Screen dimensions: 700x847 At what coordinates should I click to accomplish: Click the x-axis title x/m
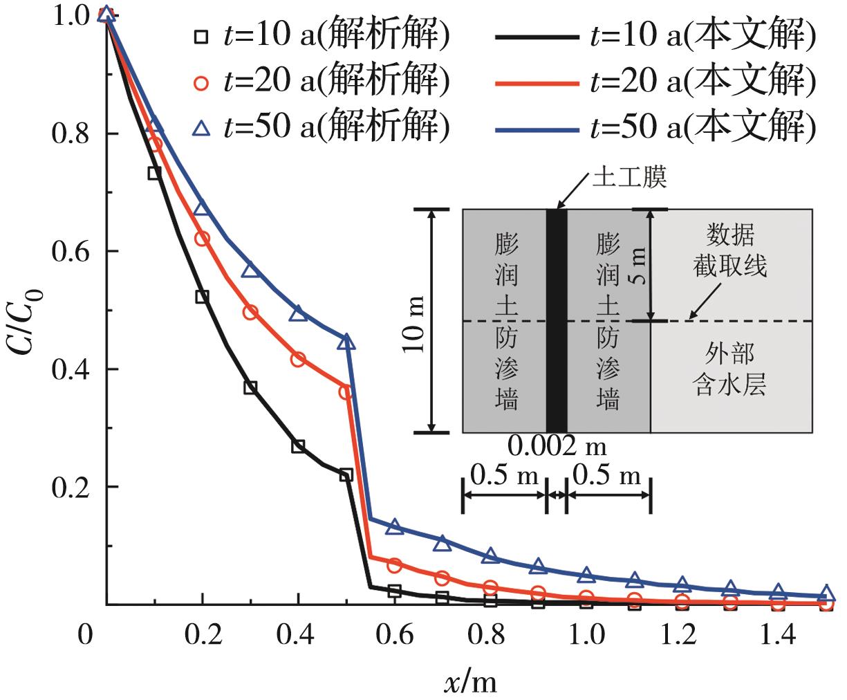pyautogui.click(x=469, y=683)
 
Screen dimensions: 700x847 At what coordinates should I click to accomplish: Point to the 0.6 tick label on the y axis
pyautogui.click(x=71, y=251)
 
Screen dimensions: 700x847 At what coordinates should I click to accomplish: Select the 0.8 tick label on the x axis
pyautogui.click(x=490, y=634)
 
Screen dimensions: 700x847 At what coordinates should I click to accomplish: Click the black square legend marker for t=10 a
pyautogui.click(x=201, y=36)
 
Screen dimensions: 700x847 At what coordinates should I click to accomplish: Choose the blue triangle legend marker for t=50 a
pyautogui.click(x=201, y=127)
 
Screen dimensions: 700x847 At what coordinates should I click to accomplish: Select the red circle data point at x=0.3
pyautogui.click(x=250, y=312)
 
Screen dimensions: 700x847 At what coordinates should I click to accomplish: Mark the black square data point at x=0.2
pyautogui.click(x=202, y=297)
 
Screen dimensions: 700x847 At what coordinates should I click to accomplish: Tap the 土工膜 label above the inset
pyautogui.click(x=629, y=178)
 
